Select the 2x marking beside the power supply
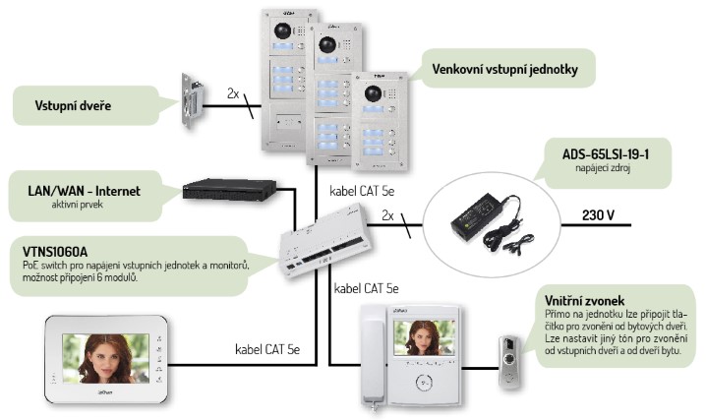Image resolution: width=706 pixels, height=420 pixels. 387,213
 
